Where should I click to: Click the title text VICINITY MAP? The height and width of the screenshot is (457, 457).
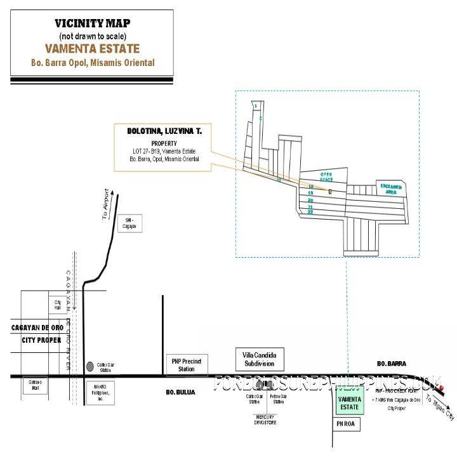92,23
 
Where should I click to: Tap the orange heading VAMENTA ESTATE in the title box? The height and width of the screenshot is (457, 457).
92,48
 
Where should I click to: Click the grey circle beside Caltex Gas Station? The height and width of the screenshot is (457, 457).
89,366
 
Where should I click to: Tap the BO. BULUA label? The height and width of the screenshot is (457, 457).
180,392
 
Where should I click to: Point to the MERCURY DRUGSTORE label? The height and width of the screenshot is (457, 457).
263,419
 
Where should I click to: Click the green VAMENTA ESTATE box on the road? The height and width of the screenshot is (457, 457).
350,402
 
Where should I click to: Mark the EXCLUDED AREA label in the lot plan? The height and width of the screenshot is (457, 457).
391,189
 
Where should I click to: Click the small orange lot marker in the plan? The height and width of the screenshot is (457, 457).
330,190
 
